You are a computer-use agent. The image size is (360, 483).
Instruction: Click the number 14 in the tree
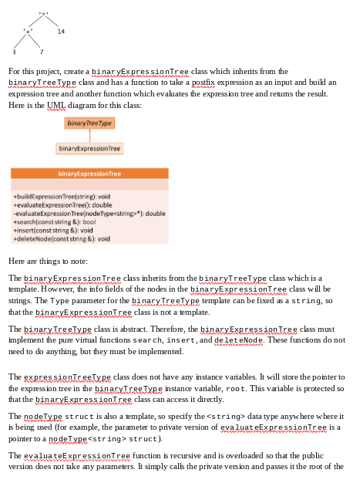tap(61, 31)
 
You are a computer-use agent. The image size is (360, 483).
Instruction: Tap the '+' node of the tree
tap(29, 32)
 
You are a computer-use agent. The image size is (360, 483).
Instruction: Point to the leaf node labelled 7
tap(42, 51)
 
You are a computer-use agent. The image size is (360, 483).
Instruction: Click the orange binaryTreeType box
tap(89, 123)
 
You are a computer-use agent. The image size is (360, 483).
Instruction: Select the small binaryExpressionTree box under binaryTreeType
tap(89, 147)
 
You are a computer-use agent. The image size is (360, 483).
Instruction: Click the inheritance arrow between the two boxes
tap(89, 135)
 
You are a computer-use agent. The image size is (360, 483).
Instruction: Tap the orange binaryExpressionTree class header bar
tap(89, 174)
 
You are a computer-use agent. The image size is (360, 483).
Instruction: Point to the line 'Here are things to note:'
tap(48, 262)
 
